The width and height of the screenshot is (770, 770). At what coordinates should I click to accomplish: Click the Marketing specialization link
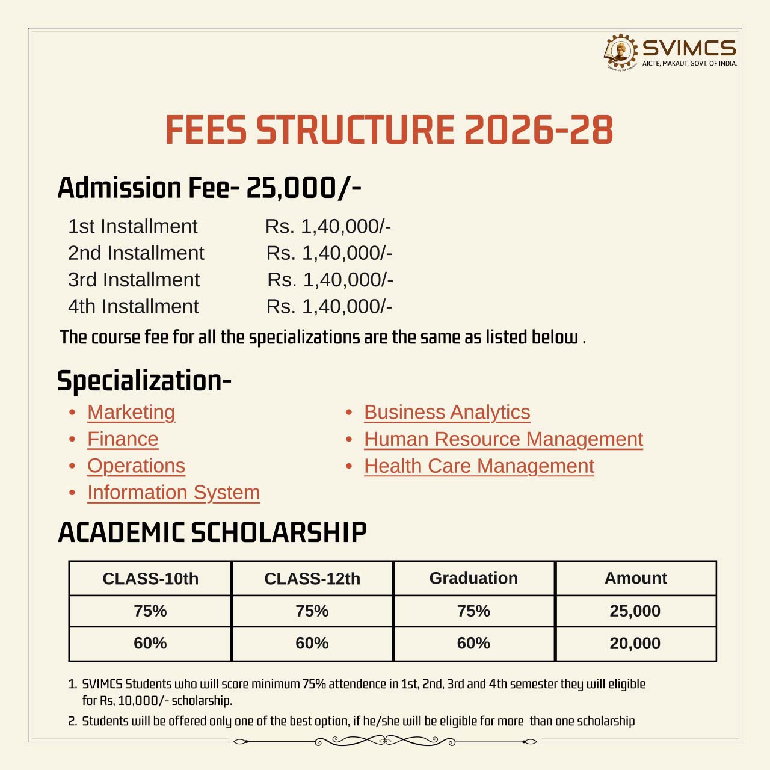(131, 412)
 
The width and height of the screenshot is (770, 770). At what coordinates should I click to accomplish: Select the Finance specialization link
(123, 439)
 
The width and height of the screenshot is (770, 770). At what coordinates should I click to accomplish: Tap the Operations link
(136, 466)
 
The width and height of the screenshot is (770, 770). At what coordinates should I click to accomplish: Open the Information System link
(173, 492)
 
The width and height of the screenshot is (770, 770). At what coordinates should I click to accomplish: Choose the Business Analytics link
(447, 412)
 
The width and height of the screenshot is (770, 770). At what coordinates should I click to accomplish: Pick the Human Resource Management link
(504, 439)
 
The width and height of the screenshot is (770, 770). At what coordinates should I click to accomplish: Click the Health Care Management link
(479, 466)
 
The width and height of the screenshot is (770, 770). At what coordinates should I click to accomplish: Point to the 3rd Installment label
(134, 280)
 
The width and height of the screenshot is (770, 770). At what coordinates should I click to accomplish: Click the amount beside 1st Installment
(328, 226)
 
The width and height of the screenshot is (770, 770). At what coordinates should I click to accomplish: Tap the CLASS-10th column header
(150, 579)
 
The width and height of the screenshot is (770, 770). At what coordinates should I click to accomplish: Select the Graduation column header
(473, 578)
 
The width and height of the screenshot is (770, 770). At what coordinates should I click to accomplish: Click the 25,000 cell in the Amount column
(635, 611)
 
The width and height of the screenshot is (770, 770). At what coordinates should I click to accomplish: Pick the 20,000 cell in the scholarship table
(635, 644)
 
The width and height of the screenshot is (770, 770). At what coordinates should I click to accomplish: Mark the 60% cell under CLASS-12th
(312, 644)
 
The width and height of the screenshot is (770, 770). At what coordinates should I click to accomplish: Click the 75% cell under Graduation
(473, 611)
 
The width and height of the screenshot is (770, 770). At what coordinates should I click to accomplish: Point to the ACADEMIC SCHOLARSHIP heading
(212, 532)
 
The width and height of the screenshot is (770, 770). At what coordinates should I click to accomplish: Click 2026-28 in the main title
(538, 130)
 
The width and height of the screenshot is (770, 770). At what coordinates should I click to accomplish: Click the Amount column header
(636, 578)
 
